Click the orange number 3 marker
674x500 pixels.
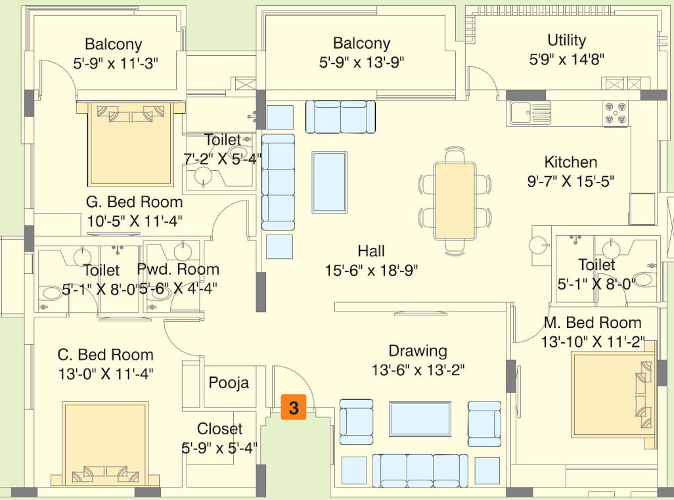294,407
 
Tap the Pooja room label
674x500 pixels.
229,382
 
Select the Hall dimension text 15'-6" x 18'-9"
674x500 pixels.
371,269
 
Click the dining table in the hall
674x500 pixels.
454,202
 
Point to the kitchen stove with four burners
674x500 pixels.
616,113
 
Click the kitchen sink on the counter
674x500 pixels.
529,113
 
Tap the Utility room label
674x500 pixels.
566,41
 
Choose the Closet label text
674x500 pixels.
219,429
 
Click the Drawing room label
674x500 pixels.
418,351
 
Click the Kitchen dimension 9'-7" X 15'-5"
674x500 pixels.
570,181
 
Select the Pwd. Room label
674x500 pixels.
178,269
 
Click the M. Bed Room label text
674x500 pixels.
593,323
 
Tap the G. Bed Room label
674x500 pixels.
135,202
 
